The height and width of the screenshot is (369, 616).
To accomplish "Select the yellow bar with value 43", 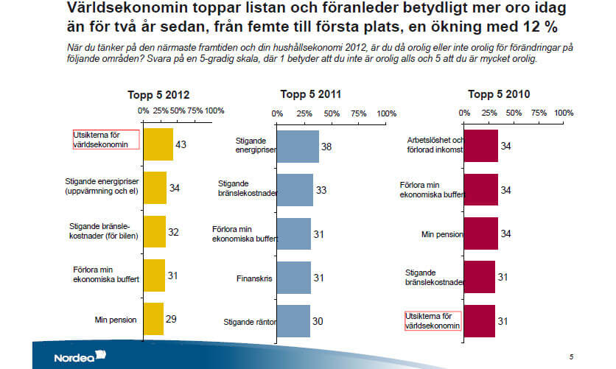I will click(158, 144).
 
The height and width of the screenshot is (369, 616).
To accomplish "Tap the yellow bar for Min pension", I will click(153, 319).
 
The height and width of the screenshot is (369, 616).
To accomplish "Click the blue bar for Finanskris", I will click(294, 278).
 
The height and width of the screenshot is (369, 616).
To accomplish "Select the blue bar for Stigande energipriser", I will click(297, 147).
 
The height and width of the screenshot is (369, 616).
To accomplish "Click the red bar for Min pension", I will click(481, 233).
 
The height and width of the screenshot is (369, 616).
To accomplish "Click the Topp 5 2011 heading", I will click(310, 94).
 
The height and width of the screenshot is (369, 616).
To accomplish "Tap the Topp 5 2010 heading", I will click(499, 94).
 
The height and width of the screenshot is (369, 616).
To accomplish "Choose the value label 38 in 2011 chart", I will click(326, 147).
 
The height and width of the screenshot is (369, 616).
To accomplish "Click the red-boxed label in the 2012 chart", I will click(105, 140).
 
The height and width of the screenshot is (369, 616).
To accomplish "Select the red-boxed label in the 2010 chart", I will click(433, 320).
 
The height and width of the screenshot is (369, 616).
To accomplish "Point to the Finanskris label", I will click(255, 278).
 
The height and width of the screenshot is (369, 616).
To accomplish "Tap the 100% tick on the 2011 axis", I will click(386, 113).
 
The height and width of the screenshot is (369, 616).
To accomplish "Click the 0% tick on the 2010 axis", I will click(464, 113).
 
